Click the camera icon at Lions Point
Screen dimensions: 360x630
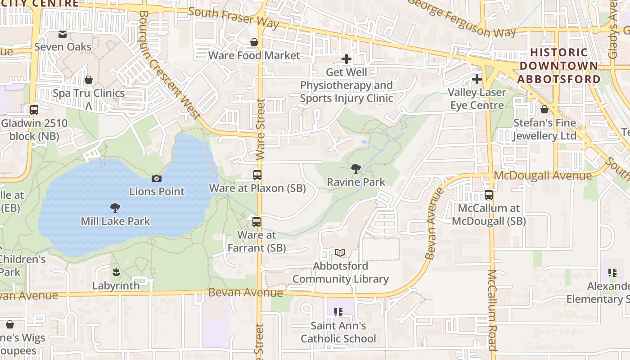pyautogui.click(x=157, y=178)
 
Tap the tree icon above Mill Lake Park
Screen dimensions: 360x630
pyautogui.click(x=115, y=208)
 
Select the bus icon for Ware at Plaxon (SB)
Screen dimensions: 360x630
pyautogui.click(x=257, y=175)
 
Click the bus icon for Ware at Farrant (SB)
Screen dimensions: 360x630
pyautogui.click(x=256, y=221)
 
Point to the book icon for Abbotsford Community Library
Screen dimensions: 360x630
pyautogui.click(x=340, y=253)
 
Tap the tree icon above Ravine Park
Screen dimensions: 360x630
pyautogui.click(x=356, y=169)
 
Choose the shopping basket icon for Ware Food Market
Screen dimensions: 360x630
pyautogui.click(x=254, y=42)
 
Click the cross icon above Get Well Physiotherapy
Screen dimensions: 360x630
pyautogui.click(x=346, y=58)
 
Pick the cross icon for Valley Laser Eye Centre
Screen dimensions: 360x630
pyautogui.click(x=477, y=79)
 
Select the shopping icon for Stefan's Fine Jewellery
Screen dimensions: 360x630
pyautogui.click(x=544, y=109)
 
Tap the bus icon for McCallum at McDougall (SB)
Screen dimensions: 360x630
pyautogui.click(x=489, y=195)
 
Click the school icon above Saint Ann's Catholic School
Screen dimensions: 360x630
pyautogui.click(x=338, y=312)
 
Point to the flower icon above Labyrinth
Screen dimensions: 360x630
pyautogui.click(x=116, y=272)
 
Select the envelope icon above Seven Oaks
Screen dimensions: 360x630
pyautogui.click(x=63, y=34)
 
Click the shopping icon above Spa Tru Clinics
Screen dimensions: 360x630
pyautogui.click(x=89, y=80)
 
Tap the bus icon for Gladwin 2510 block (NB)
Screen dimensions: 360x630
pyautogui.click(x=34, y=109)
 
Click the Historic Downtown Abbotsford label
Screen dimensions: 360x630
pyautogui.click(x=559, y=66)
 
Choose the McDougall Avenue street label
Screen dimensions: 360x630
pyautogui.click(x=542, y=175)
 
